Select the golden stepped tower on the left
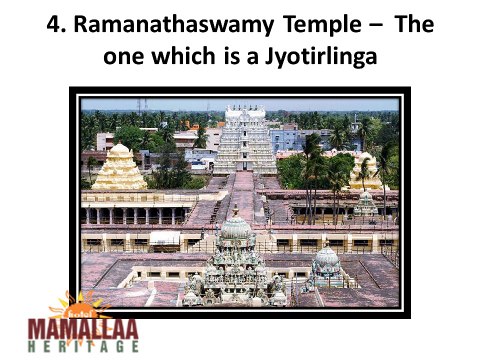pos(119,168)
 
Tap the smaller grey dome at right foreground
pos(326,262)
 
